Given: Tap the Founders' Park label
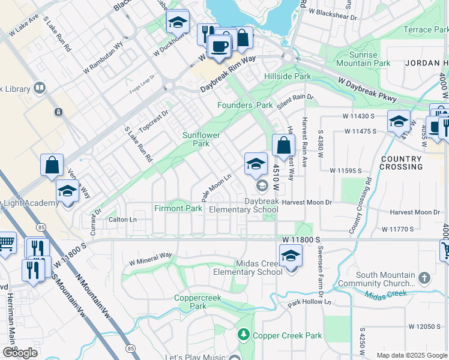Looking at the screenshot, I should [249, 106].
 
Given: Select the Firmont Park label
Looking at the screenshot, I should [178, 208].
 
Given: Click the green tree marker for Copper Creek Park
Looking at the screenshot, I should [244, 334].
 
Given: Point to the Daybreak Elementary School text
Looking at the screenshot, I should [244, 205].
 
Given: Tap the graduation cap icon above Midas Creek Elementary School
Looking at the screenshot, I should [291, 255].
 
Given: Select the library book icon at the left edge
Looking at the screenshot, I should [40, 89].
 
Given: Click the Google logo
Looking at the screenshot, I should [20, 352].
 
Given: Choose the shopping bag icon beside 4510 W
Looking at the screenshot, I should [283, 145].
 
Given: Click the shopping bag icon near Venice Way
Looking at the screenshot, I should [52, 165].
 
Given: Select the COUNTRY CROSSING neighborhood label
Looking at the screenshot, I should [402, 163].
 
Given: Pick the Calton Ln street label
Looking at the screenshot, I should [123, 220].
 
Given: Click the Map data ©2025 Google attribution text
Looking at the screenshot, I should [411, 355].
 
